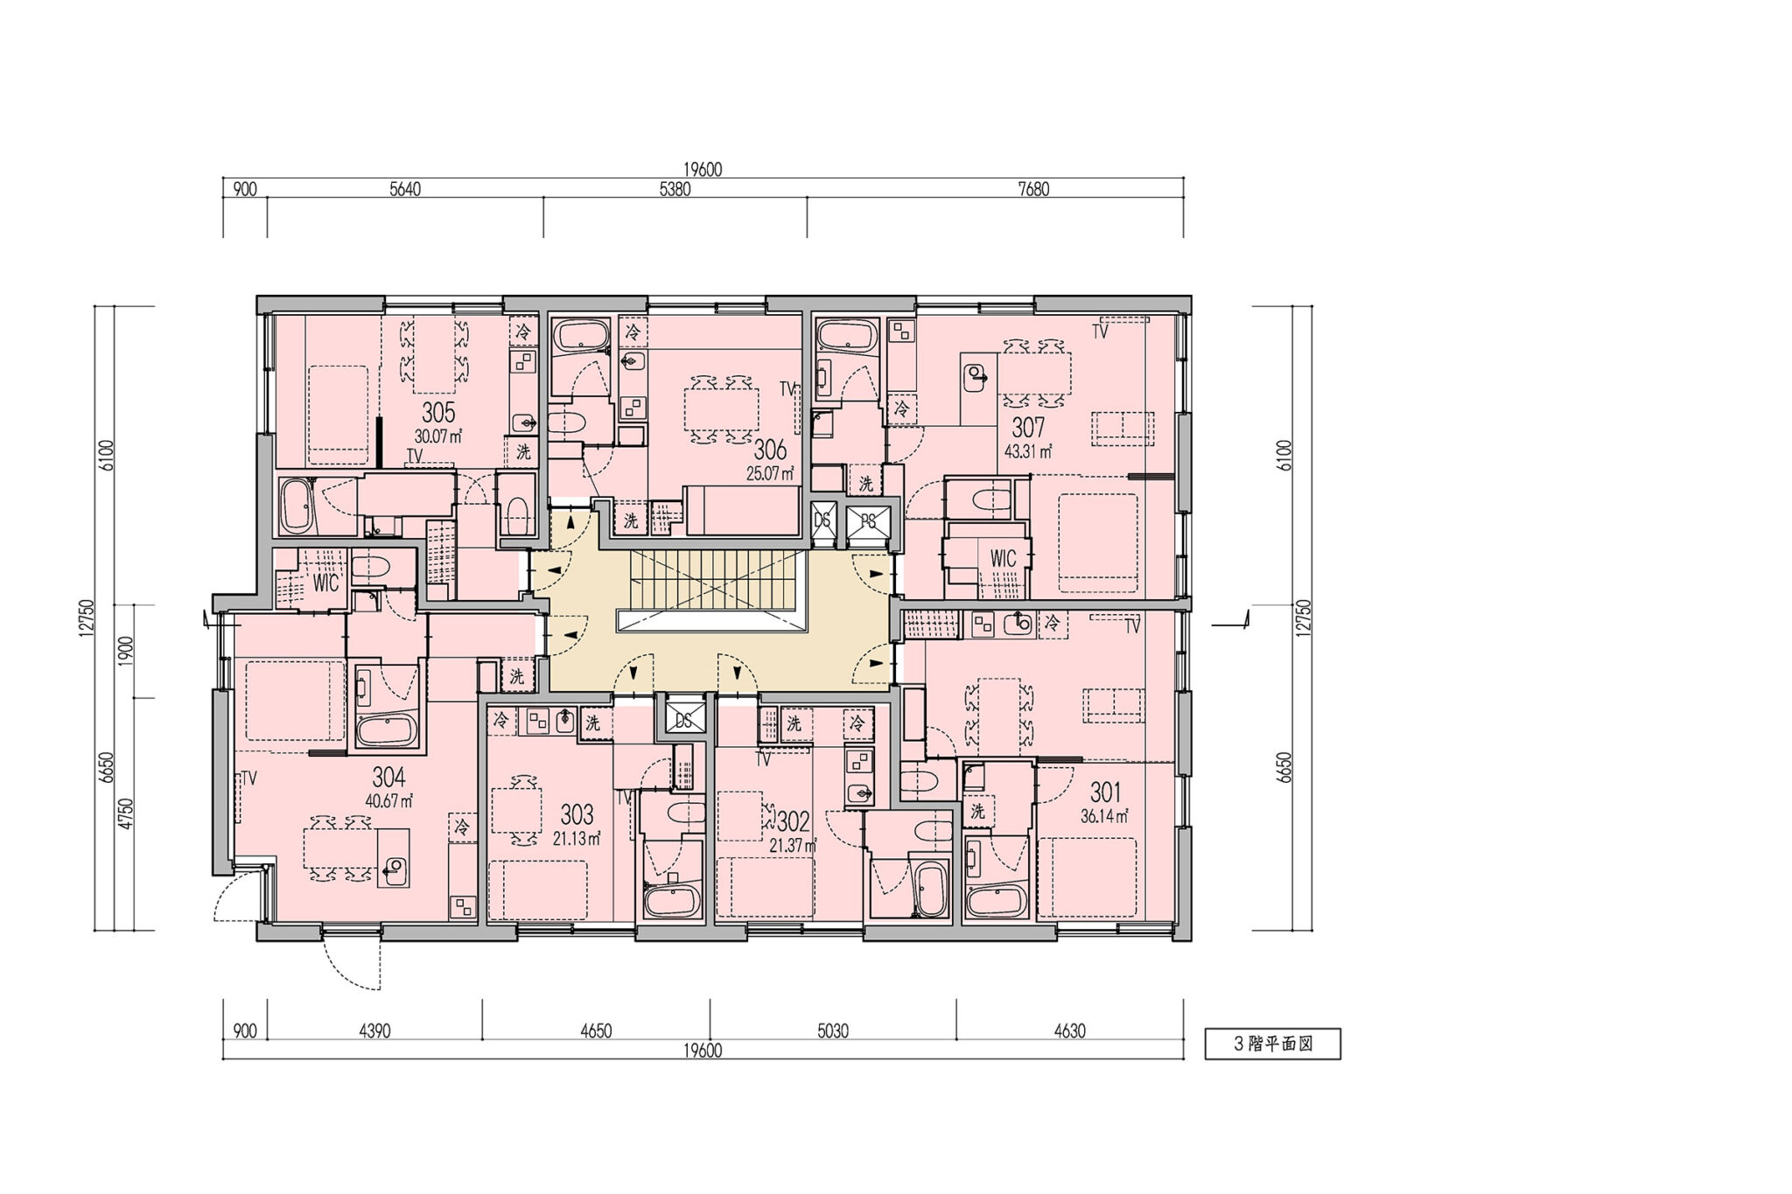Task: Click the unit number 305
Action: (x=437, y=411)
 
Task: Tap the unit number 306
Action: (x=770, y=450)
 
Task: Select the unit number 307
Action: (x=1028, y=428)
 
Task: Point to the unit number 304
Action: (x=388, y=777)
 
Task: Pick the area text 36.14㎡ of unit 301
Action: (x=1105, y=815)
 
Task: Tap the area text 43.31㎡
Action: (x=1028, y=451)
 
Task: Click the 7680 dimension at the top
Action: (x=1033, y=189)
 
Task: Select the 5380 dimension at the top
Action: (x=675, y=189)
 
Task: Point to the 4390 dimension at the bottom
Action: (x=374, y=1031)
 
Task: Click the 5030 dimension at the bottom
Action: (x=833, y=1031)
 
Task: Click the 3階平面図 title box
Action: (x=1272, y=1044)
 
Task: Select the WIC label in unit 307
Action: (x=1003, y=558)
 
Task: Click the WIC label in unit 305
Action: (x=325, y=583)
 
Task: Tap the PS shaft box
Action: (x=867, y=522)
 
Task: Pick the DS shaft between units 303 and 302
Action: (x=683, y=720)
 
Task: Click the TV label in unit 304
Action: (x=248, y=779)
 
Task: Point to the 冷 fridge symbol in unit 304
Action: (x=462, y=827)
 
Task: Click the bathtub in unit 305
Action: (x=298, y=506)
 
